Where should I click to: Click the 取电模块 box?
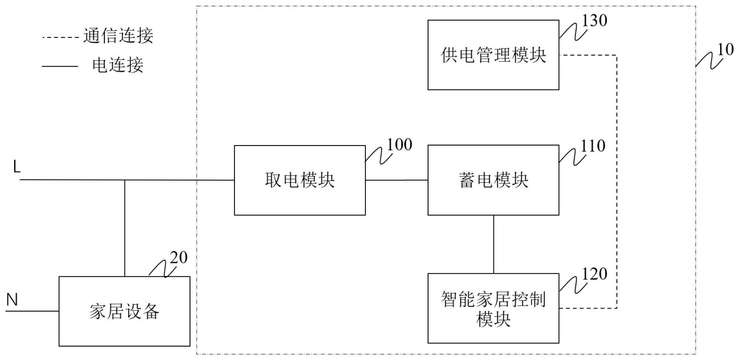point(300,180)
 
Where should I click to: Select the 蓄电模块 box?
point(493,180)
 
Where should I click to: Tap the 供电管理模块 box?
point(493,55)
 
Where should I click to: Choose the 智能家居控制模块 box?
point(493,308)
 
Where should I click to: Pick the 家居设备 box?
point(124,311)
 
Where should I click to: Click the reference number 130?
point(594,21)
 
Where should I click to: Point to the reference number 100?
point(399,145)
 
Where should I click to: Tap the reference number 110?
point(593,146)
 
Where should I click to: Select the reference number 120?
point(594,274)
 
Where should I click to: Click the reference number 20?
point(179,257)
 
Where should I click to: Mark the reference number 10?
point(725,50)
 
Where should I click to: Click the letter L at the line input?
point(17,167)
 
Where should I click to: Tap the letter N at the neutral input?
point(12,300)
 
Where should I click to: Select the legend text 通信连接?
point(118,36)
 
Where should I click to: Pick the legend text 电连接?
point(117,65)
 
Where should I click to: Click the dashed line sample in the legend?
point(60,38)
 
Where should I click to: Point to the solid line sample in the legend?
point(60,66)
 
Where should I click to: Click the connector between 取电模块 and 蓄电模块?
point(396,180)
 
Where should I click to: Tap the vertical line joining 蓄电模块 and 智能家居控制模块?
point(493,244)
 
